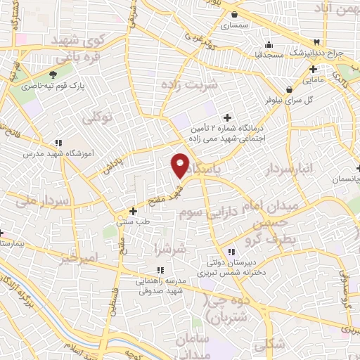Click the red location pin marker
[x=181, y=165]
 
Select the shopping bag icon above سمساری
[x=234, y=14]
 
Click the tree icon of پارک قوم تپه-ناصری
[x=53, y=75]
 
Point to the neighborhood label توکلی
[x=98, y=117]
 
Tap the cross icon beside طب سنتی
[x=133, y=210]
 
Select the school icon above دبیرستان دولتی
[x=231, y=252]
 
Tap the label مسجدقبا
[x=269, y=54]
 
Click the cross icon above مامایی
[x=314, y=69]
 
